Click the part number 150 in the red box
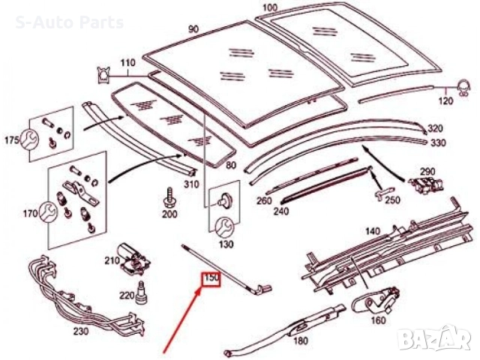[211, 279]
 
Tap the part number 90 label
[193, 29]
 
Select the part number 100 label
[268, 10]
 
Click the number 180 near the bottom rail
[300, 340]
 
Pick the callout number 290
[427, 172]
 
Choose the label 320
[436, 129]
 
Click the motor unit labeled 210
[135, 260]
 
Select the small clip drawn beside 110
[103, 73]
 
